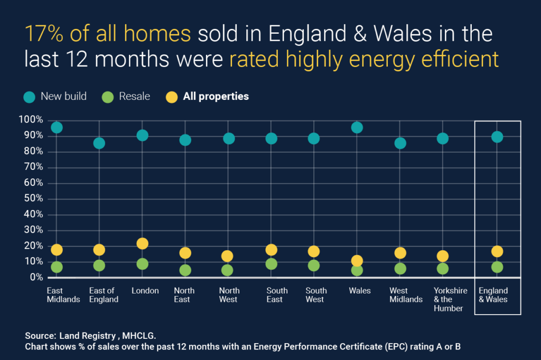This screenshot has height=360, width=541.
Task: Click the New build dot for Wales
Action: [357, 127]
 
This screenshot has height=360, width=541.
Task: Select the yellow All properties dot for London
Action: [142, 243]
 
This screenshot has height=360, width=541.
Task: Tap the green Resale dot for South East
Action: [271, 264]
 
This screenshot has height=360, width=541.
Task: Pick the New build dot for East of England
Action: [99, 143]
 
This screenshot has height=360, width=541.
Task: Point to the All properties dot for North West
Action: [227, 256]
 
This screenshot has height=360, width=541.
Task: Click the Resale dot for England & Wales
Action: [497, 267]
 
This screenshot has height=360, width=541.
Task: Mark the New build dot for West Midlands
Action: [400, 143]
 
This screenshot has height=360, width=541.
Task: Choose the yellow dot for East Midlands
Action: [57, 250]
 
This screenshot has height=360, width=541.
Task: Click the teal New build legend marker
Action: [30, 97]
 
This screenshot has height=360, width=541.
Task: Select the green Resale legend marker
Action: [108, 97]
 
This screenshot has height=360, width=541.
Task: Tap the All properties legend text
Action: [216, 97]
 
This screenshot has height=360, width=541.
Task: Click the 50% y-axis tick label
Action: [32, 198]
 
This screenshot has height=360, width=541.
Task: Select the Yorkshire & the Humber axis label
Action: [450, 299]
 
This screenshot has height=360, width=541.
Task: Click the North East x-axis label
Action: [184, 295]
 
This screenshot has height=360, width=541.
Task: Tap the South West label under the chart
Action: [316, 295]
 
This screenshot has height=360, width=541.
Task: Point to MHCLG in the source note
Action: [142, 336]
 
